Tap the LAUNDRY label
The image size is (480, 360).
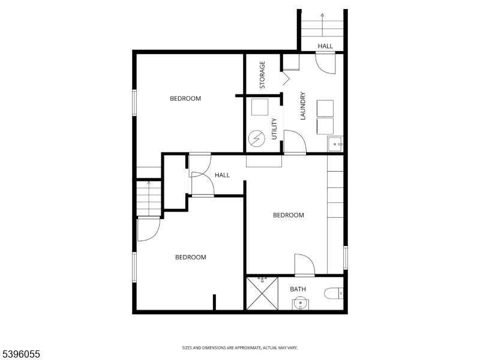pos(303,106)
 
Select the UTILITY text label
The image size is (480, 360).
pos(274,129)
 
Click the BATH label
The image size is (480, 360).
pos(298,289)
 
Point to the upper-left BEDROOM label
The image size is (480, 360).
pos(185,99)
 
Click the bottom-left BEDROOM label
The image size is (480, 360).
pos(190,257)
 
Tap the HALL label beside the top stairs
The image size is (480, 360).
pos(325,46)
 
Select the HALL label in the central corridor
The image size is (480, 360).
pos(223,175)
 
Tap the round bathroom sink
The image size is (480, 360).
pos(300,304)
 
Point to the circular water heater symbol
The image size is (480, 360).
pos(257,139)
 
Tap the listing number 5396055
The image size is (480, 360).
pos(20,355)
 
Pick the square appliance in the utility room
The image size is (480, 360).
pos(260,107)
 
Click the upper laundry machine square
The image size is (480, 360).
pos(325,108)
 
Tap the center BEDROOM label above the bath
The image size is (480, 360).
pos(289,215)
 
